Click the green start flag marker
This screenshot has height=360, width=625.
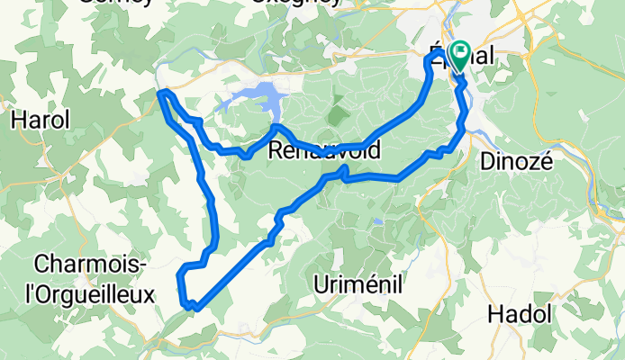(461, 56)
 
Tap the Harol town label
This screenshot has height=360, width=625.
(40, 120)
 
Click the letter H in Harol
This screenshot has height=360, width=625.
(17, 120)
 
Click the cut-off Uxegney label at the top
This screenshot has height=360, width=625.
(295, 3)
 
